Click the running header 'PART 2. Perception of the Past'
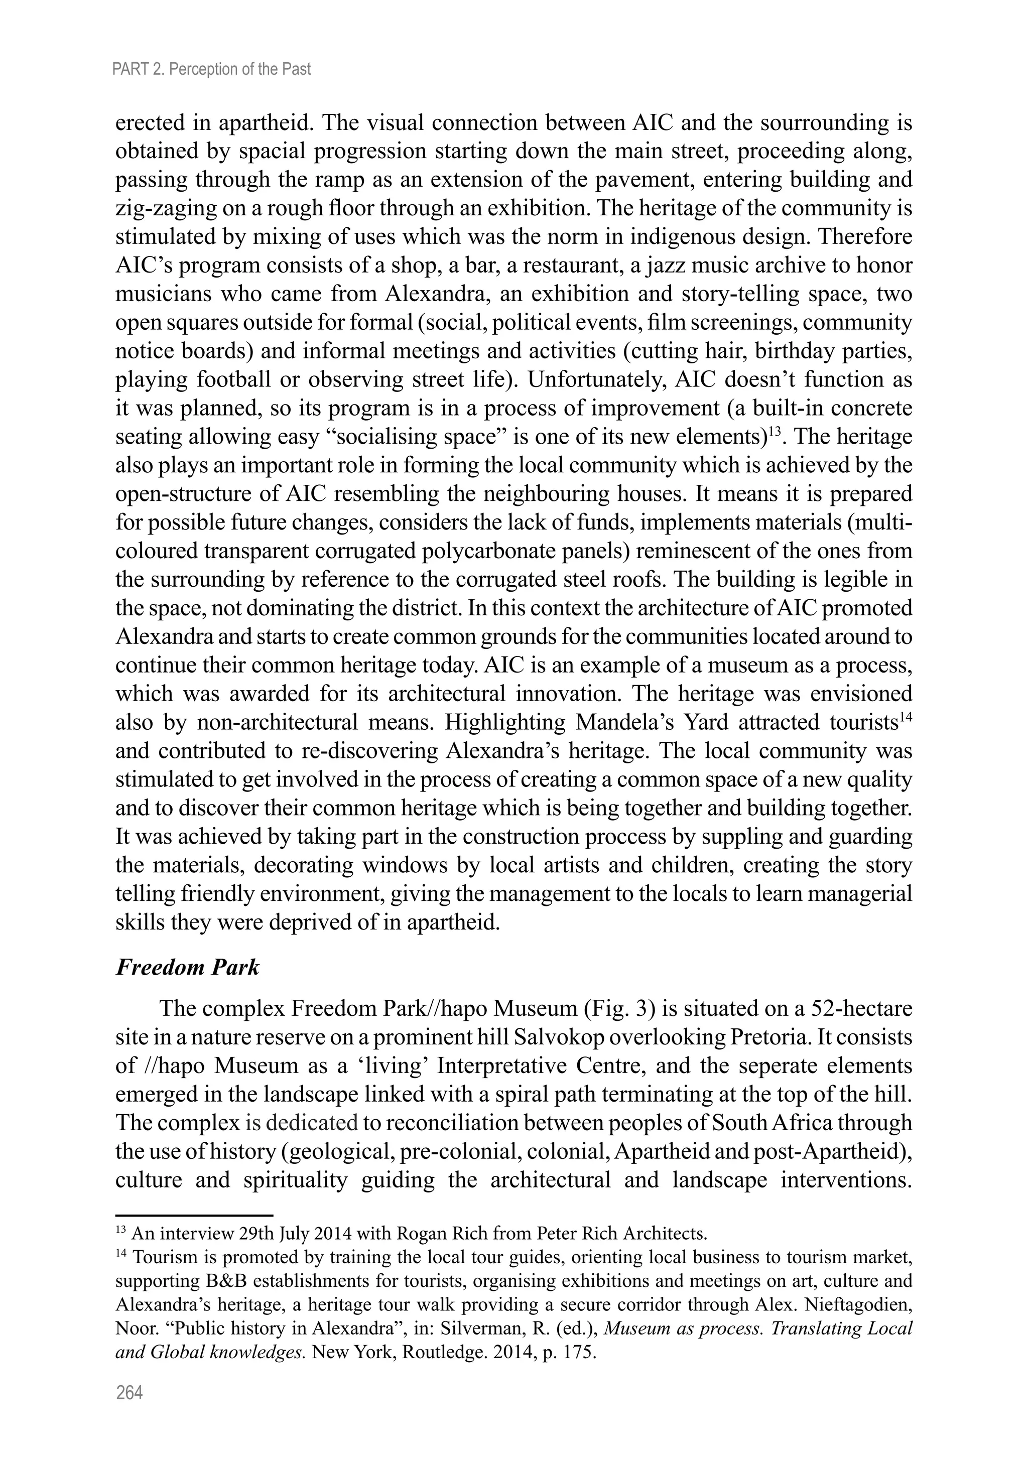tap(211, 69)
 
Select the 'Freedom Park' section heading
tap(188, 967)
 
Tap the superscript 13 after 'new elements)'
tap(774, 432)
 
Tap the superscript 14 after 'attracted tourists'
tap(906, 717)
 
